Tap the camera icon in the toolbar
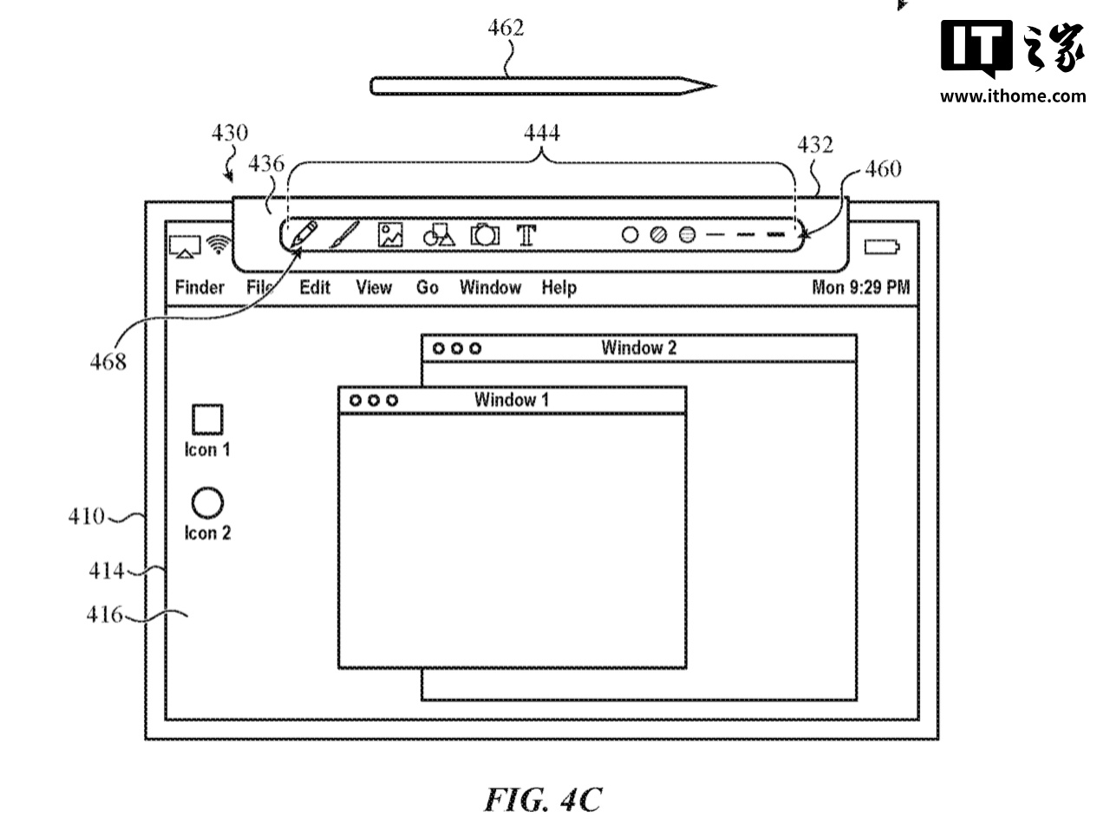tap(486, 234)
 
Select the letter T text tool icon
tap(526, 234)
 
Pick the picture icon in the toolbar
tap(390, 234)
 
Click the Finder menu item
tap(199, 287)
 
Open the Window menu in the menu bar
tap(490, 287)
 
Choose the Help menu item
tap(558, 287)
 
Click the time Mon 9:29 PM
tap(860, 287)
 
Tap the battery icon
tap(882, 247)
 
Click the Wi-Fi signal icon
tap(217, 245)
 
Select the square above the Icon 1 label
tap(207, 420)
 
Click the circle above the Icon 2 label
tap(207, 502)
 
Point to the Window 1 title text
tap(511, 400)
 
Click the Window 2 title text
tap(638, 348)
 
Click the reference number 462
tap(506, 28)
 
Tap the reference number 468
tap(108, 362)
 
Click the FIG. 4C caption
tap(542, 798)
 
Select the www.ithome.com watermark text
tap(1012, 95)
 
